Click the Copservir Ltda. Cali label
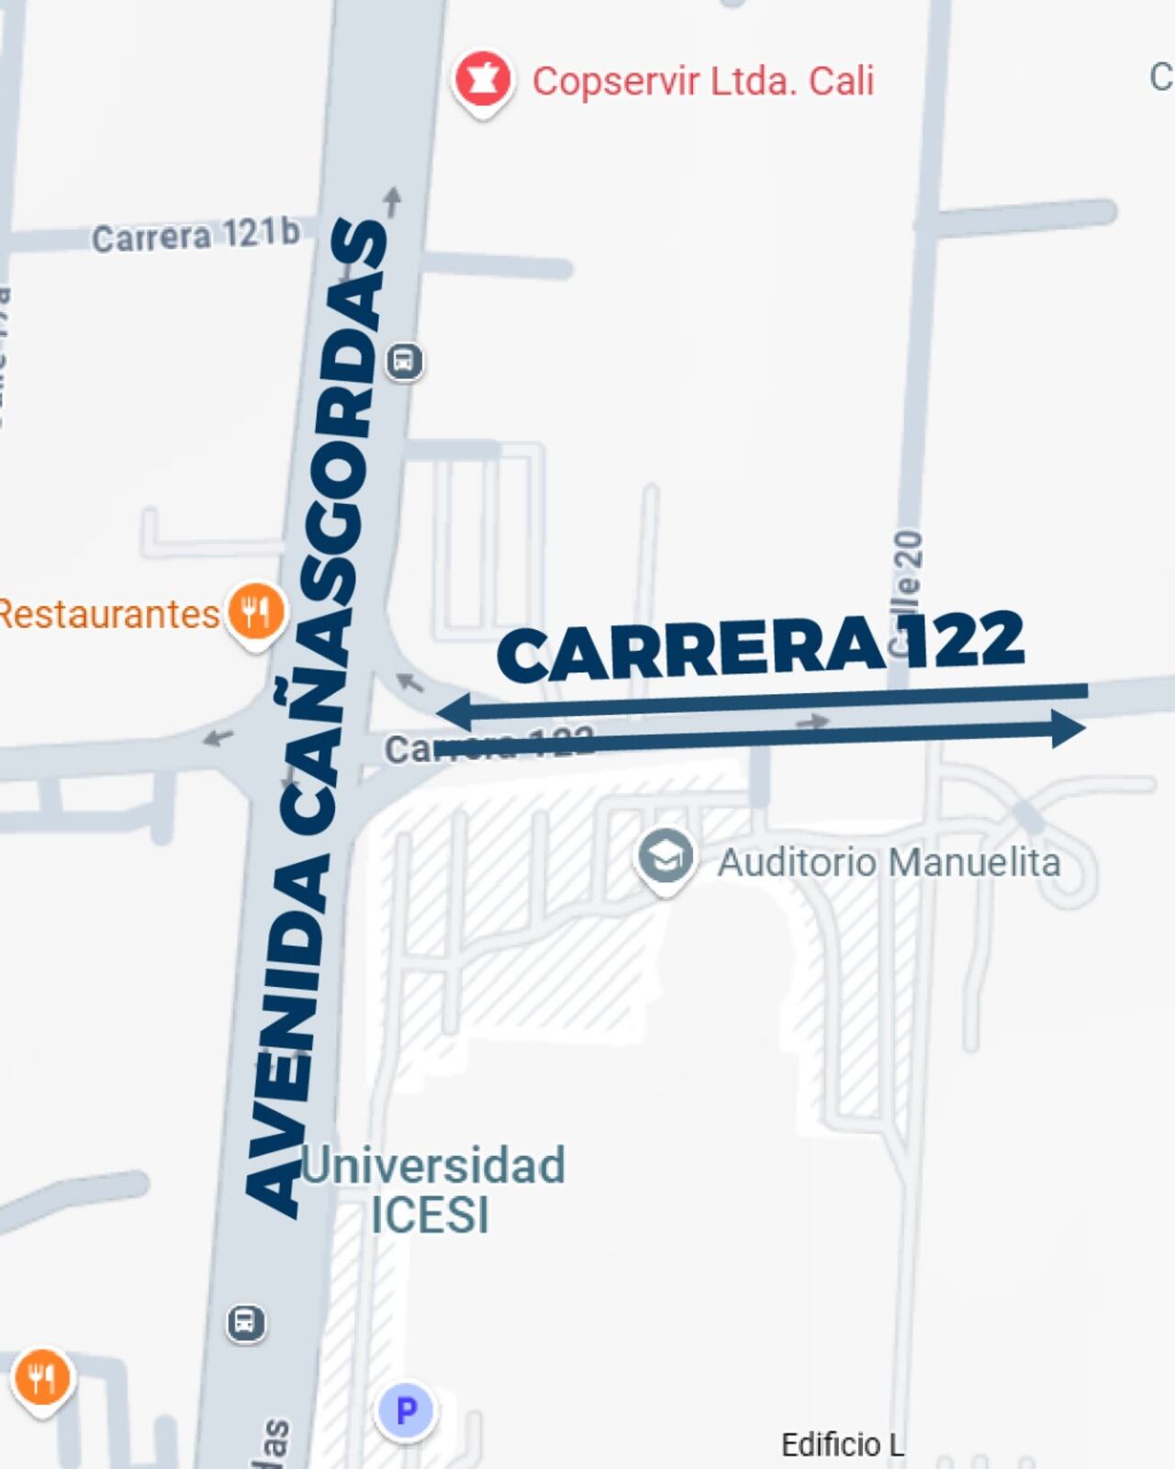(x=702, y=81)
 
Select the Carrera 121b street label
(x=196, y=236)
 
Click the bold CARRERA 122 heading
(x=760, y=646)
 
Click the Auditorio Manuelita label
(x=889, y=862)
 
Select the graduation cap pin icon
(x=666, y=858)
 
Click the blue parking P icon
(x=406, y=1409)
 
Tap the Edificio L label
(x=842, y=1444)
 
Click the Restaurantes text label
(x=108, y=613)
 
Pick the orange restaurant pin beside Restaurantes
(x=256, y=611)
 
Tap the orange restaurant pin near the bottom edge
(x=42, y=1378)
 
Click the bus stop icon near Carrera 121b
(x=404, y=361)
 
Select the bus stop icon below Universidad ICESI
(x=245, y=1323)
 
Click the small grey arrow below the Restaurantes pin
(x=218, y=736)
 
